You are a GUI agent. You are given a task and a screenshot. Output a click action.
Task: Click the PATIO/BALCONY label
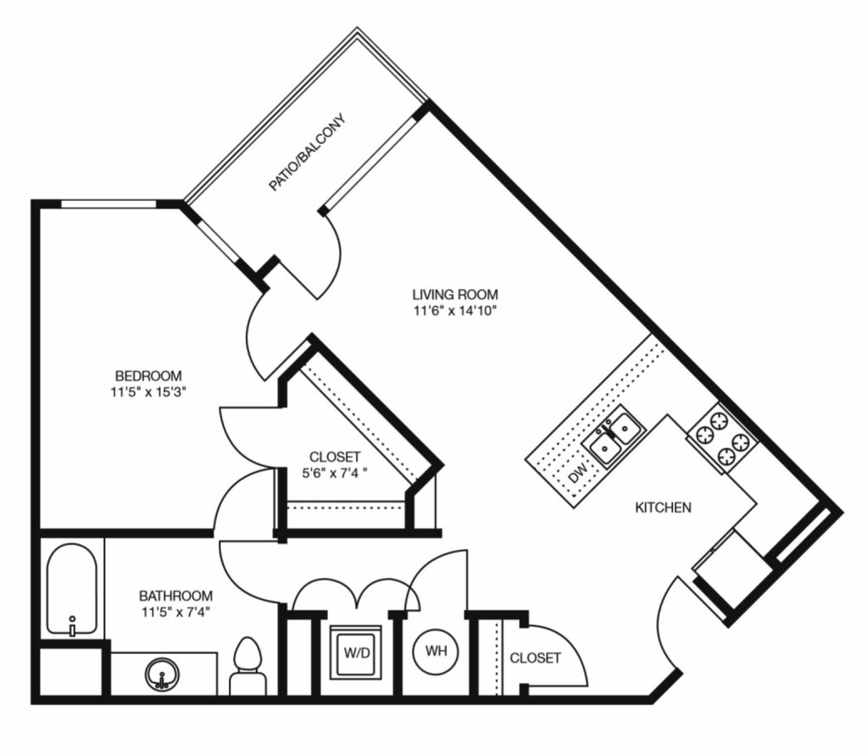[x=307, y=152]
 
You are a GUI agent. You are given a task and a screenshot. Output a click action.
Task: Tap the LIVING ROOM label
[x=455, y=294]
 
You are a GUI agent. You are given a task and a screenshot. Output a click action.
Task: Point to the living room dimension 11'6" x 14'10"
[x=455, y=311]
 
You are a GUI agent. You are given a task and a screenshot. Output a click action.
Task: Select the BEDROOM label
[x=148, y=376]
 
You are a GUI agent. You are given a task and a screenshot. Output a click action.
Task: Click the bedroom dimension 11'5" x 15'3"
[x=148, y=392]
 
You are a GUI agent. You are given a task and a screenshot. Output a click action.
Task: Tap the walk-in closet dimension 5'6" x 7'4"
[x=335, y=473]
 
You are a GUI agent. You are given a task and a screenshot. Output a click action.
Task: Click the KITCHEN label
[x=663, y=508]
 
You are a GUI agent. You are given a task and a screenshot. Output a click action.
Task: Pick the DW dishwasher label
[x=578, y=474]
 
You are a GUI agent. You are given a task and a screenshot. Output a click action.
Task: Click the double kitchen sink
[x=614, y=436]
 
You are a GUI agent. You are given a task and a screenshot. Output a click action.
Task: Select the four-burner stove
[x=722, y=438]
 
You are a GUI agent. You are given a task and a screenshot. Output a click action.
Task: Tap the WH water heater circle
[x=436, y=651]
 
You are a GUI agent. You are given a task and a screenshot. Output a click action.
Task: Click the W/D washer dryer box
[x=357, y=652]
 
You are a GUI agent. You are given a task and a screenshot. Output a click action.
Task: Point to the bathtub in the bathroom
[x=72, y=589]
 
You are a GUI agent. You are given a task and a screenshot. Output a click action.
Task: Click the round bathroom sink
[x=162, y=675]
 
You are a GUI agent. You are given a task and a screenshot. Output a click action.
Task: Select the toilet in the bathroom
[x=247, y=666]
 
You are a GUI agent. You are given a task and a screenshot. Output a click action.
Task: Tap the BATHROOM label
[x=175, y=596]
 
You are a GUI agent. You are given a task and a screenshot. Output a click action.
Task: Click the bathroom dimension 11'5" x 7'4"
[x=175, y=613]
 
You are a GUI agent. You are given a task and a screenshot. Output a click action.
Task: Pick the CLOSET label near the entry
[x=535, y=658]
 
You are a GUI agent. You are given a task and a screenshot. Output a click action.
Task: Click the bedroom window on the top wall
[x=109, y=204]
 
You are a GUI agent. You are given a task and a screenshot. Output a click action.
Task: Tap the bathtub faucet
[x=72, y=627]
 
